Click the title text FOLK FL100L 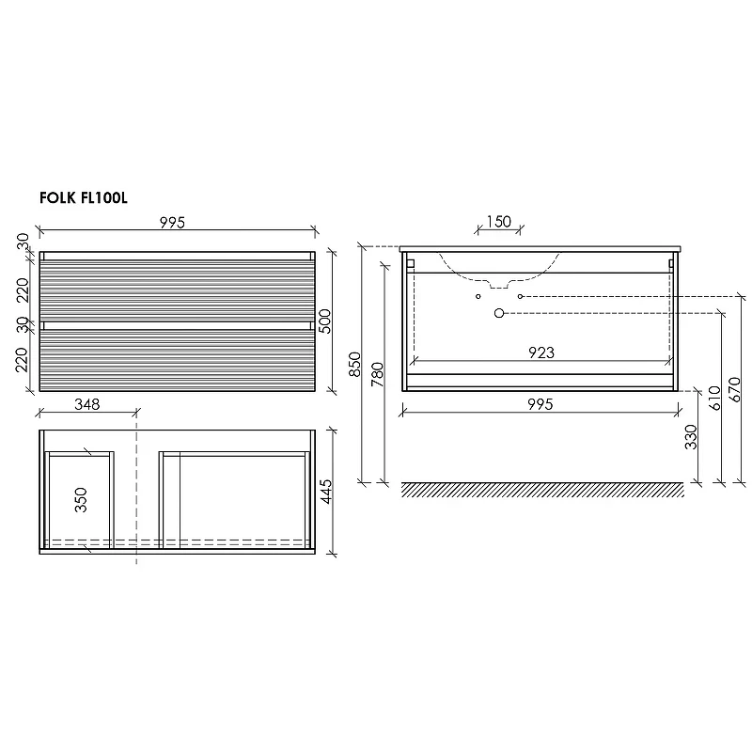(84, 197)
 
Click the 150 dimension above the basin (499, 222)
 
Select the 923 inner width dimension (541, 352)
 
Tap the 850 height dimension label (354, 364)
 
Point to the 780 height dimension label (378, 374)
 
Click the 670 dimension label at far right (734, 389)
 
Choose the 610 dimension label (714, 398)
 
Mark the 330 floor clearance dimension (691, 436)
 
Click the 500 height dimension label (324, 321)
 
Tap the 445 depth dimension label (325, 491)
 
